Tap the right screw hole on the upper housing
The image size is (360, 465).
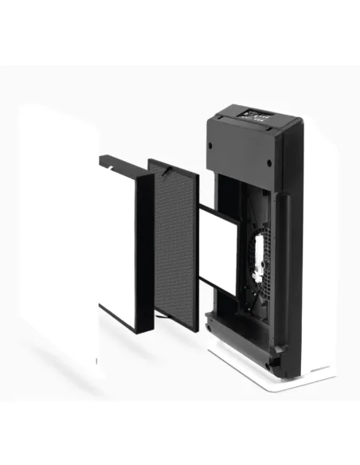tap(268, 164)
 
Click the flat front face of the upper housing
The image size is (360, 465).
tap(239, 151)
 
